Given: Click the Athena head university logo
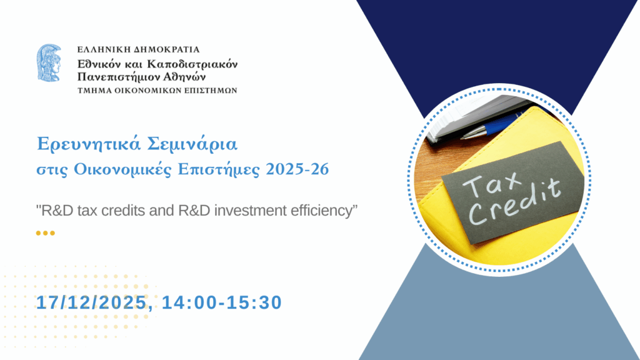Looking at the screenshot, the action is pyautogui.click(x=49, y=63).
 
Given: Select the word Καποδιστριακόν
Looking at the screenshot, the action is pyautogui.click(x=192, y=64).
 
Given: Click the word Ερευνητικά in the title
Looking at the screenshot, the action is pyautogui.click(x=89, y=144).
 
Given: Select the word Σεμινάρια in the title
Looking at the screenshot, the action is pyautogui.click(x=192, y=144).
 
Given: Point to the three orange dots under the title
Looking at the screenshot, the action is pyautogui.click(x=45, y=233).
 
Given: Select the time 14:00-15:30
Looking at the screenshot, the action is pyautogui.click(x=222, y=302).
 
